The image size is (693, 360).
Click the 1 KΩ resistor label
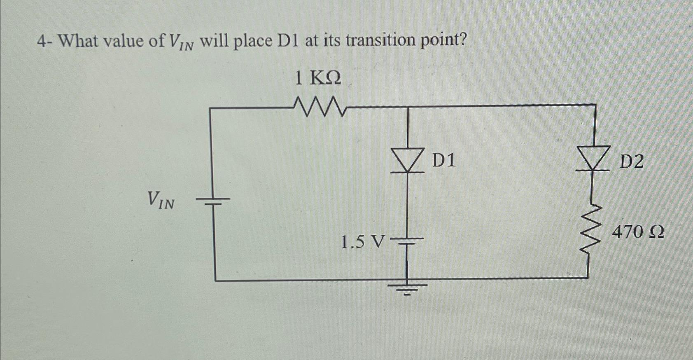[x=318, y=78]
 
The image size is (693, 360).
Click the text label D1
[x=444, y=160]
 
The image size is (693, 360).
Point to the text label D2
[x=631, y=162]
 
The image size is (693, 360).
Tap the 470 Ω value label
[x=638, y=233]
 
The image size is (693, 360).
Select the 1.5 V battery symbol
[x=408, y=241]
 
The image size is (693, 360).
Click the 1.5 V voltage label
[x=363, y=242]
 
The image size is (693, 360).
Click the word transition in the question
[x=381, y=40]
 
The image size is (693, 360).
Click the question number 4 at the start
[x=40, y=41]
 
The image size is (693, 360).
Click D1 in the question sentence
[x=289, y=41]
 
